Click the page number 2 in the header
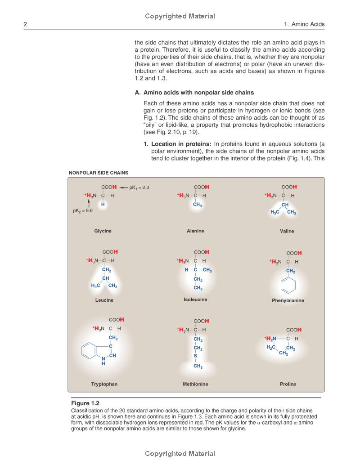click(x=25, y=24)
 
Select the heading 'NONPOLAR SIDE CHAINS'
click(x=99, y=172)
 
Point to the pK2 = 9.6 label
click(x=83, y=210)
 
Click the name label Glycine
click(x=103, y=231)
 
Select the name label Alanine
click(x=195, y=231)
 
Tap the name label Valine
click(x=287, y=231)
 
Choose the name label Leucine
click(x=104, y=300)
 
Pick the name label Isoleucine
click(x=195, y=299)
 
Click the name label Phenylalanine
click(x=288, y=300)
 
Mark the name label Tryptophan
click(x=104, y=384)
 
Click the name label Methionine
click(x=195, y=384)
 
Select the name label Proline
click(x=288, y=384)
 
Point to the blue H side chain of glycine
click(x=103, y=205)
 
